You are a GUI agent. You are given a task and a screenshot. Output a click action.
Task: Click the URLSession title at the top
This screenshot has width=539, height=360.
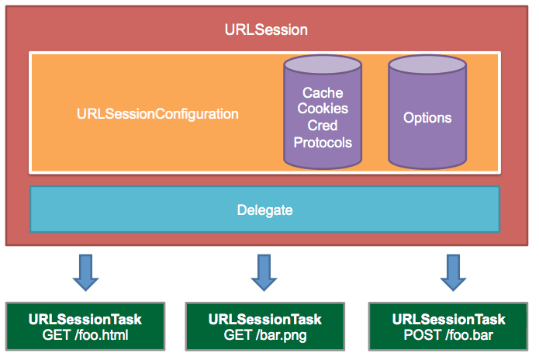[266, 30]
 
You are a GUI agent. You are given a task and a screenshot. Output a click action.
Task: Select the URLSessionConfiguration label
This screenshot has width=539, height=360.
[157, 114]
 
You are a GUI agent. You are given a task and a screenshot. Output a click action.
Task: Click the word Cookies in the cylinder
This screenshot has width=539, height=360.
[323, 109]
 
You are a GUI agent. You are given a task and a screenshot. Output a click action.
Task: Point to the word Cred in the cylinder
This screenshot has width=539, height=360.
[323, 126]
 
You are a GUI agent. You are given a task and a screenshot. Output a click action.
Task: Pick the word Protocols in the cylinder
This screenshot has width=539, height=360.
[323, 142]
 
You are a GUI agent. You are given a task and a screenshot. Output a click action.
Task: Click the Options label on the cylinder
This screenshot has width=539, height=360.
[427, 118]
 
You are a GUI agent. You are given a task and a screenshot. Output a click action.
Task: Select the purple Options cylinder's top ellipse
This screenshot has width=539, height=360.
[427, 66]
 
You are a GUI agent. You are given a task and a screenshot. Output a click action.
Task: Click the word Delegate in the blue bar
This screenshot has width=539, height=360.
[264, 209]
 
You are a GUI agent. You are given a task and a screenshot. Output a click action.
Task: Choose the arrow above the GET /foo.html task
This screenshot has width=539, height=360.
[85, 270]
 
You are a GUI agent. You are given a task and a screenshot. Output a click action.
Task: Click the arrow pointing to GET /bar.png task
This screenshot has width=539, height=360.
[265, 270]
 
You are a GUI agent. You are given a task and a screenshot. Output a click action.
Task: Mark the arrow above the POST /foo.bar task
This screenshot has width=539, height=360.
[449, 270]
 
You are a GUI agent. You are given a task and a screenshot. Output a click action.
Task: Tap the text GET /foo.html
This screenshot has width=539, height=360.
[85, 335]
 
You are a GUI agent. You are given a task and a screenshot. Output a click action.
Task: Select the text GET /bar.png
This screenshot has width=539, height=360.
[265, 335]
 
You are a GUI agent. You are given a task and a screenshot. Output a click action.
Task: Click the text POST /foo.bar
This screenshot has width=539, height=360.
[448, 335]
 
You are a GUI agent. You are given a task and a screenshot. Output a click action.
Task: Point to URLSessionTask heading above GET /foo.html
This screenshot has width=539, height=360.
[85, 319]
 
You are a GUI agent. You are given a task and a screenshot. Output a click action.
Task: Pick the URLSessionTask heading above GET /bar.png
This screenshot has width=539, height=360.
[265, 319]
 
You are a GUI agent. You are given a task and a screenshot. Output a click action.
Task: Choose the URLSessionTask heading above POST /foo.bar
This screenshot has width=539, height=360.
[448, 319]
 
